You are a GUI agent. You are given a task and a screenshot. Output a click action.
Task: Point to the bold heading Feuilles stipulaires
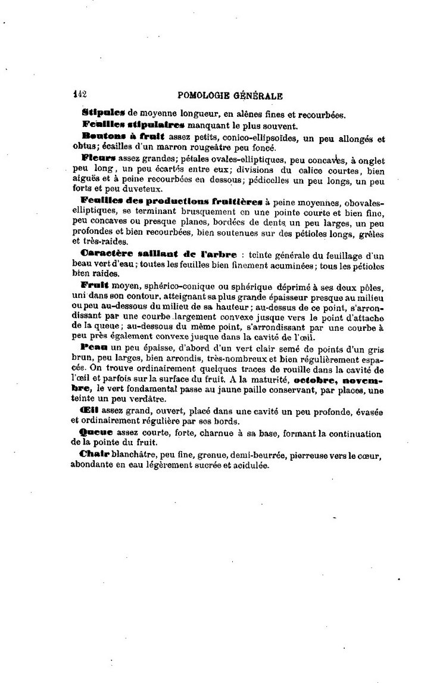coord(133,126)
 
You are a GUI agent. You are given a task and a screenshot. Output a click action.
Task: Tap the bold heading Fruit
coord(93,285)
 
